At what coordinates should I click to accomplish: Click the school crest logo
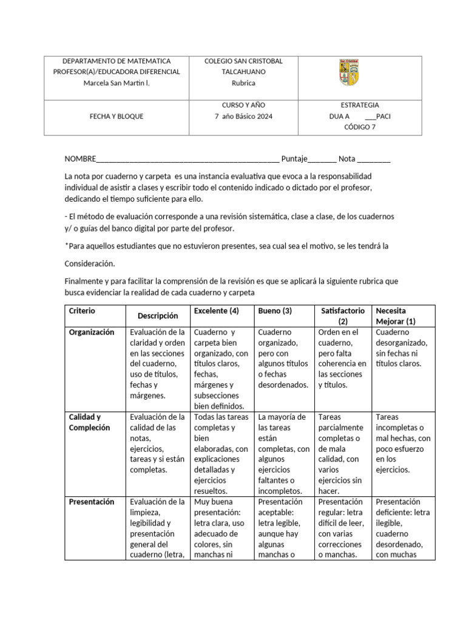pyautogui.click(x=348, y=72)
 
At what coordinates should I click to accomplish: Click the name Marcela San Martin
pyautogui.click(x=116, y=83)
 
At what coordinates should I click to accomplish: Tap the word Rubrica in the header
pyautogui.click(x=243, y=83)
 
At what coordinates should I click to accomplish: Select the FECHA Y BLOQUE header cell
pyautogui.click(x=116, y=116)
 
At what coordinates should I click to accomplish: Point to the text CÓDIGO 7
pyautogui.click(x=360, y=127)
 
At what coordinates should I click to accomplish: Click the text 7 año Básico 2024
pyautogui.click(x=243, y=116)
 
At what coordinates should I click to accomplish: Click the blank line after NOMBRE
pyautogui.click(x=188, y=160)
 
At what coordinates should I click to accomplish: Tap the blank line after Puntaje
pyautogui.click(x=322, y=160)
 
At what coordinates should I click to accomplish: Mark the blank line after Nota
pyautogui.click(x=374, y=160)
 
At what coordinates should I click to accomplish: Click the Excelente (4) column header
pyautogui.click(x=215, y=311)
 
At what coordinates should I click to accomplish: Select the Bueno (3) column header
pyautogui.click(x=275, y=311)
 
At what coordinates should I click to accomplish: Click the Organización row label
pyautogui.click(x=92, y=332)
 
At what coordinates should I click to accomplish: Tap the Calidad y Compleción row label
pyautogui.click(x=86, y=422)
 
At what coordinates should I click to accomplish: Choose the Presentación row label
pyautogui.click(x=92, y=502)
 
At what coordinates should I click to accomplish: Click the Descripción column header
pyautogui.click(x=158, y=316)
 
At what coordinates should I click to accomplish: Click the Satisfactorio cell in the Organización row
pyautogui.click(x=342, y=358)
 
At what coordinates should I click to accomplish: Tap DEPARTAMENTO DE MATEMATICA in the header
pyautogui.click(x=116, y=61)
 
